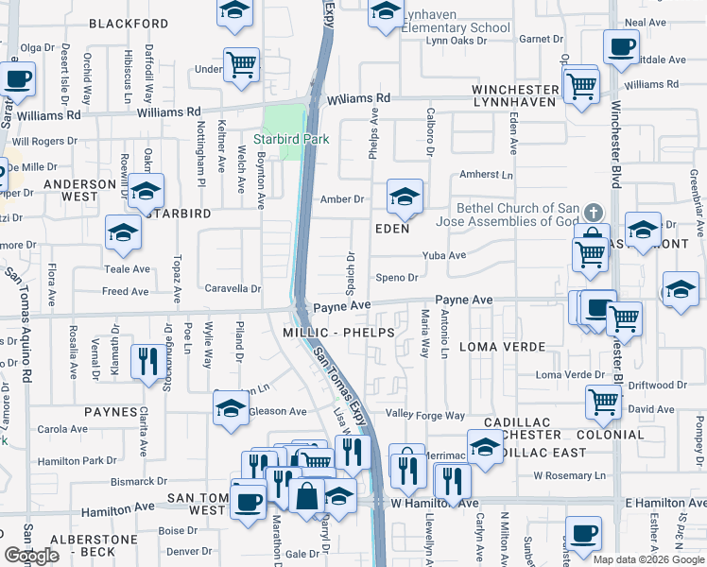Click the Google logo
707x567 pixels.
click(31, 556)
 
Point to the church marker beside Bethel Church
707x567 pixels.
click(593, 212)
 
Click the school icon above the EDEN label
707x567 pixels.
click(405, 197)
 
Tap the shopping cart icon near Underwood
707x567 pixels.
click(241, 65)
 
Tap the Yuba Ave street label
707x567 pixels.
click(444, 255)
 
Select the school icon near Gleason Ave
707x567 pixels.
click(231, 407)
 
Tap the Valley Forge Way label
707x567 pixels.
click(425, 415)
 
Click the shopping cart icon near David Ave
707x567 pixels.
click(603, 402)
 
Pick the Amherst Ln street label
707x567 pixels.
click(486, 175)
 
